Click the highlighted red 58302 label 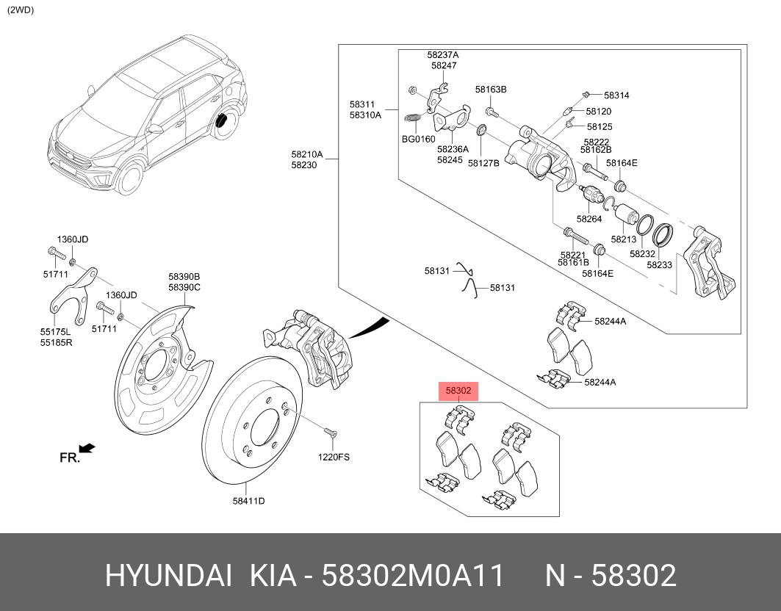click(458, 391)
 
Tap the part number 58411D click(248, 501)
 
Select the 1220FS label click(334, 457)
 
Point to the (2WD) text click(21, 10)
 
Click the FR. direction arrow click(87, 447)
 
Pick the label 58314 click(616, 95)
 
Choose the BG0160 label click(418, 139)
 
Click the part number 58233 click(659, 264)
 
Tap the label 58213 click(623, 239)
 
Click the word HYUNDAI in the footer click(168, 576)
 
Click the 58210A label click(306, 154)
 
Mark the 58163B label click(491, 90)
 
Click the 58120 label click(599, 112)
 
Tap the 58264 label click(589, 218)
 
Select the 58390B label click(184, 277)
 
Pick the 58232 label click(642, 253)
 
